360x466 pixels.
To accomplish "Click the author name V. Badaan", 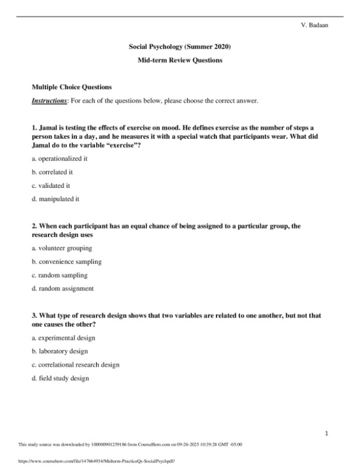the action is click(x=313, y=25).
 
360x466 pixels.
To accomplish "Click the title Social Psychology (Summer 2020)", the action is click(x=180, y=46).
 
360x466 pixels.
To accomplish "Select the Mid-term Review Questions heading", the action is click(x=180, y=60).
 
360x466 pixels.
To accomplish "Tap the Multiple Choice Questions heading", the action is click(x=71, y=87).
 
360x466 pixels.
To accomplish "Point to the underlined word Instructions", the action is click(x=49, y=101).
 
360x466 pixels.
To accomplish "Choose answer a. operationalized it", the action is click(x=60, y=158).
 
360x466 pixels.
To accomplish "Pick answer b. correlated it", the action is click(x=52, y=172).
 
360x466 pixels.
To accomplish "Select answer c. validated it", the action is click(x=51, y=185).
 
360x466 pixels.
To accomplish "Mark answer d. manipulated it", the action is click(x=55, y=199).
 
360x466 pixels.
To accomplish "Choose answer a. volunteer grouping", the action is click(x=61, y=248).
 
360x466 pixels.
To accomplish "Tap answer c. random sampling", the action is click(x=60, y=275).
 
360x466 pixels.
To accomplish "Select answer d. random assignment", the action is click(x=62, y=288).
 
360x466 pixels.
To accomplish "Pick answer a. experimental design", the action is click(x=63, y=338).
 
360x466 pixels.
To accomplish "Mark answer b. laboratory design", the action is click(x=60, y=351).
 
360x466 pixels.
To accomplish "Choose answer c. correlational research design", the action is click(x=75, y=365).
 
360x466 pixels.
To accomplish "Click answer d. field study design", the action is click(x=60, y=378).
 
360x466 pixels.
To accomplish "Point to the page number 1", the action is click(x=327, y=433).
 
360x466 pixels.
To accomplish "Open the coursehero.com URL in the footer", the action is click(x=97, y=460).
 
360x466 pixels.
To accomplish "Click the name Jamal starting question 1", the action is click(x=48, y=127).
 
